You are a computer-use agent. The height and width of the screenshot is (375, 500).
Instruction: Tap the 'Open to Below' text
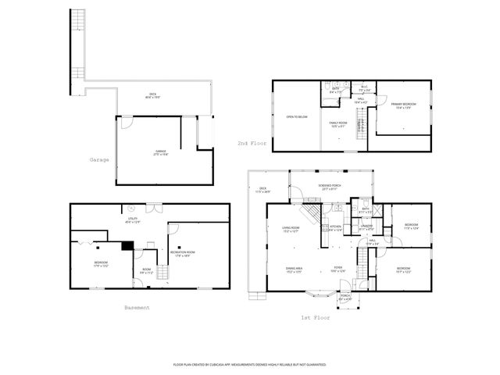pos(295,116)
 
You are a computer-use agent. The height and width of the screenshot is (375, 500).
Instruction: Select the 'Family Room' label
pos(337,124)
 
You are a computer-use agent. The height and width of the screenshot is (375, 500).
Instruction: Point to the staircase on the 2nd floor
pos(360,122)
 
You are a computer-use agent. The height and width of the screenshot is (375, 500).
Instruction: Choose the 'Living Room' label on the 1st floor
pos(291,229)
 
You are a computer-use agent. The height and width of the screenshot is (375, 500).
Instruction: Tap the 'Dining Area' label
pos(294,270)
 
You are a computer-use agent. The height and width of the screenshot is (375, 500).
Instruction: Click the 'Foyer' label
pos(337,270)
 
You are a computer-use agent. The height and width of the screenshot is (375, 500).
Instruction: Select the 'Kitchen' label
pos(334,229)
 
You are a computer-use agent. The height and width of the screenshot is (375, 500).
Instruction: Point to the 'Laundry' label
pos(365,227)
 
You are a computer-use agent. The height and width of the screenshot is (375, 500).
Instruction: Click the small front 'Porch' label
pos(345,297)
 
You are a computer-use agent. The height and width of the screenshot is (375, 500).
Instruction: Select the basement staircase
pos(162,273)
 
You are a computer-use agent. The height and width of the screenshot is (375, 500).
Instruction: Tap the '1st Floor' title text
pos(316,318)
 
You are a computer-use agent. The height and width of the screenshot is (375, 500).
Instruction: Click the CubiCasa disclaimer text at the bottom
pos(249,364)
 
